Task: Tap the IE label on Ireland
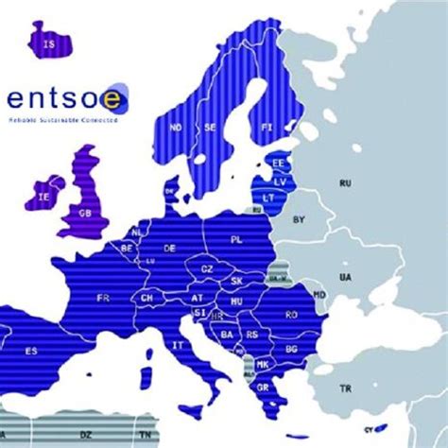[43, 198]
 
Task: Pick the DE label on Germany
[170, 248]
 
